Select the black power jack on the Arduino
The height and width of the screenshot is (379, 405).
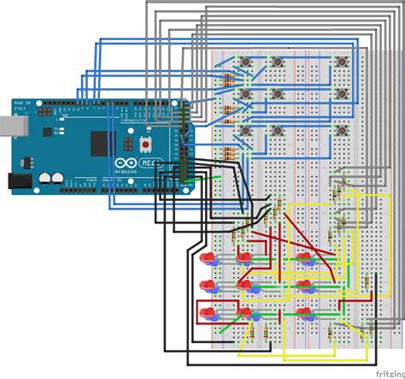pyautogui.click(x=19, y=181)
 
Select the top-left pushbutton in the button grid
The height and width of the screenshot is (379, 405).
pyautogui.click(x=245, y=62)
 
